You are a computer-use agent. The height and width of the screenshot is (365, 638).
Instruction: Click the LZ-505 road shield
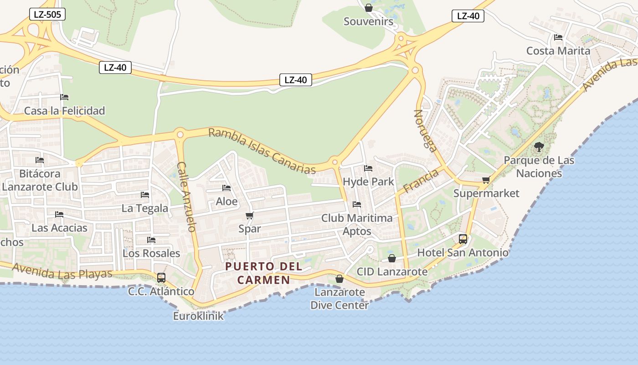pyautogui.click(x=47, y=14)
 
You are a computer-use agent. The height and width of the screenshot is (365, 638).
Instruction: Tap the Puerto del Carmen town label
pyautogui.click(x=257, y=273)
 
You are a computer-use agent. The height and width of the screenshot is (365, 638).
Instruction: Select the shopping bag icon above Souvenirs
pyautogui.click(x=369, y=8)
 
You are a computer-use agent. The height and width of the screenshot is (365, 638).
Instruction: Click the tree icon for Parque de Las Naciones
pyautogui.click(x=539, y=147)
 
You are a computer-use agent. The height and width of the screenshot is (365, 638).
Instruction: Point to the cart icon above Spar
pyautogui.click(x=249, y=215)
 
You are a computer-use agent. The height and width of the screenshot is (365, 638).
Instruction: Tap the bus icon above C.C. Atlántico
pyautogui.click(x=161, y=277)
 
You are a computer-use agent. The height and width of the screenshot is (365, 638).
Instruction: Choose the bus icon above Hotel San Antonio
pyautogui.click(x=463, y=239)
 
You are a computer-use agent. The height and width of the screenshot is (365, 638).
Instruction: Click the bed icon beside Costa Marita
pyautogui.click(x=558, y=37)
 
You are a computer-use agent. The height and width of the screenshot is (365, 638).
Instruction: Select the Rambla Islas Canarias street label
pyautogui.click(x=262, y=151)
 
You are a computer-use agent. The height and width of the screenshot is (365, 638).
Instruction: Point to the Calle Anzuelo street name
pyautogui.click(x=187, y=196)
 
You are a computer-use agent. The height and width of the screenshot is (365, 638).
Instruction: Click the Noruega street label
pyautogui.click(x=426, y=130)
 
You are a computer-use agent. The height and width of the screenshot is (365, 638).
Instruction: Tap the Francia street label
pyautogui.click(x=421, y=181)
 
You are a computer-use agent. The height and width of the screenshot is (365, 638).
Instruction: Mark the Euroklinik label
pyautogui.click(x=198, y=316)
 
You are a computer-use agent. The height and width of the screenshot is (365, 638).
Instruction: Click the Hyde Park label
pyautogui.click(x=368, y=182)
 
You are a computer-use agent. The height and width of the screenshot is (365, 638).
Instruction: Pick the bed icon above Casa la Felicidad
pyautogui.click(x=64, y=97)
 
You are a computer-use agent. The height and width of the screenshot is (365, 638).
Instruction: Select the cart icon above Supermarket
pyautogui.click(x=486, y=180)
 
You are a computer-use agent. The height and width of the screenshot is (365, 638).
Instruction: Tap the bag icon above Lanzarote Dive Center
pyautogui.click(x=339, y=279)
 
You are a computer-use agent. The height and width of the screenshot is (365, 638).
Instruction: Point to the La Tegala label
pyautogui.click(x=145, y=209)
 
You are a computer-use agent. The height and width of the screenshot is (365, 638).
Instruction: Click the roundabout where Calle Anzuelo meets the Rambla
pyautogui.click(x=180, y=135)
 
